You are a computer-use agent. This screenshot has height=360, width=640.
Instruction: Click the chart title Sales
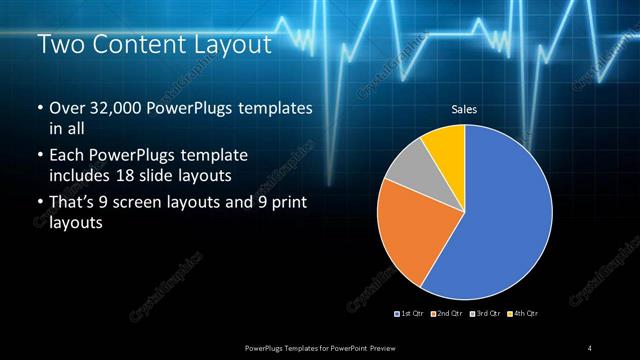464,109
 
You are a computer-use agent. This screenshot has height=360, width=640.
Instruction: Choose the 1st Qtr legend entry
409,314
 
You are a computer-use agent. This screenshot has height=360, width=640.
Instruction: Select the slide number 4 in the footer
590,347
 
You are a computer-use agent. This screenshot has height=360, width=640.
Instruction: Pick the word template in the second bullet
212,156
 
